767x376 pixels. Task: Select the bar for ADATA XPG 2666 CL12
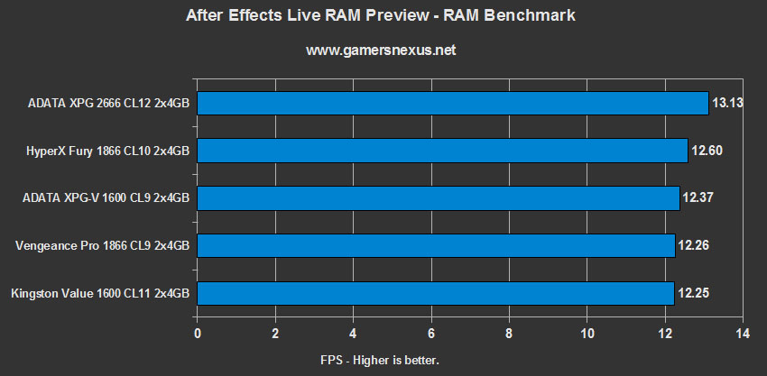(x=452, y=103)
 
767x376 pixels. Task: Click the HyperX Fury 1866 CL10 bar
(x=442, y=151)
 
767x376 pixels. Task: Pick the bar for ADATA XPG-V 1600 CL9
(x=438, y=197)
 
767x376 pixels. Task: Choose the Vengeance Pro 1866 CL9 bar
(x=436, y=245)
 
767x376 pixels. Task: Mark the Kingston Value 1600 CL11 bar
(x=436, y=293)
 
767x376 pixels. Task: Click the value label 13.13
(x=726, y=103)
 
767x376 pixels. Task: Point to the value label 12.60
(x=707, y=151)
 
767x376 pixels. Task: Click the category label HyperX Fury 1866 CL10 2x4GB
(x=108, y=151)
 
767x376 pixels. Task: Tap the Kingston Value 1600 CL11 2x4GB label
(x=100, y=293)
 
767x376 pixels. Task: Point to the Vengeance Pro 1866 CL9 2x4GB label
(x=104, y=245)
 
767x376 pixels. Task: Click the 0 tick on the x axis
(x=198, y=334)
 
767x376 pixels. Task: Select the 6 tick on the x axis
(x=431, y=334)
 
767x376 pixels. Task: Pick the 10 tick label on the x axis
(x=587, y=334)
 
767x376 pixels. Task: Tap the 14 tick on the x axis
(x=743, y=334)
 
